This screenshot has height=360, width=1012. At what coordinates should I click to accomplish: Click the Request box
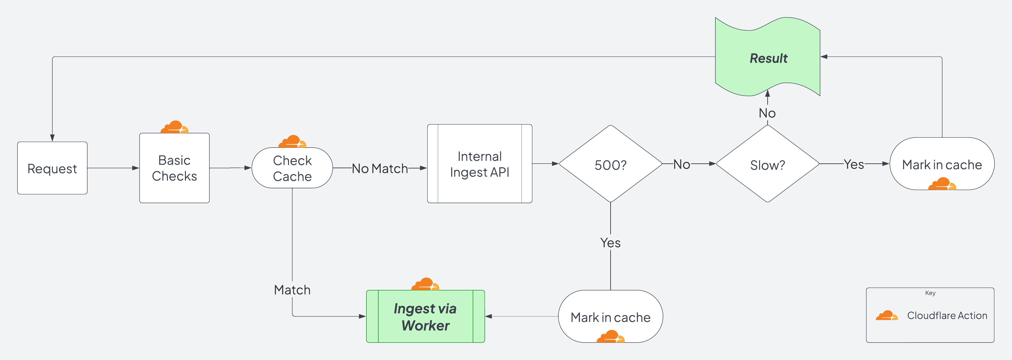52,168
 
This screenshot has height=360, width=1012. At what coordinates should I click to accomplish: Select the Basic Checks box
174,168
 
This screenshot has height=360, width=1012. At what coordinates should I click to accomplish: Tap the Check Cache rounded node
292,168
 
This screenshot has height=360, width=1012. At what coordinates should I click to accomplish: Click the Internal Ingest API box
480,164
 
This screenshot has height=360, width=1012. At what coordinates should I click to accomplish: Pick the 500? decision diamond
610,164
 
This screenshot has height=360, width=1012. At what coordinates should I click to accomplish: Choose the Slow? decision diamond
767,164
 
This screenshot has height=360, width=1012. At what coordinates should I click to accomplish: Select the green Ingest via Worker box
426,317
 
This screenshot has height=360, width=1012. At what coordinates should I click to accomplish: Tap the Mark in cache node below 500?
610,317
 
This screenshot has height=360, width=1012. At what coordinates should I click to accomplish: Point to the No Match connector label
380,169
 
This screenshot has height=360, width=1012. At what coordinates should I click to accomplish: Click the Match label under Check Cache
292,290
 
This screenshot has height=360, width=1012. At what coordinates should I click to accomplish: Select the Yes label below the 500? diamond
610,243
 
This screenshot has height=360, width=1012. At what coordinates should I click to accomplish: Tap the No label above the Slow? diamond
767,113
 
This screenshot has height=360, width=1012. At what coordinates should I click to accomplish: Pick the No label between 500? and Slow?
682,164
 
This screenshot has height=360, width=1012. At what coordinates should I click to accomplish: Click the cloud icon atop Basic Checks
174,127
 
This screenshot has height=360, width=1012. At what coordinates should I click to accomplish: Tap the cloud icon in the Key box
887,316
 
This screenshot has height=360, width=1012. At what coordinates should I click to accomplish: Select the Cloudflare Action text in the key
947,316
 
